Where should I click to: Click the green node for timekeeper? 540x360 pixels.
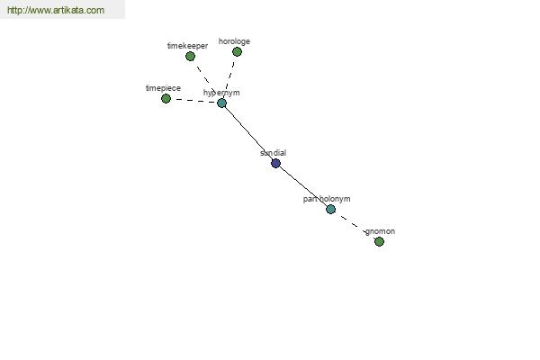point(190,56)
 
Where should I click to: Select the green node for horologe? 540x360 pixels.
point(237,51)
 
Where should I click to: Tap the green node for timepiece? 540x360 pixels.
point(166,98)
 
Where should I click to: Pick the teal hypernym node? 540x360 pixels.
point(221,103)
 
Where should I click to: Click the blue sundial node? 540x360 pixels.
point(275,163)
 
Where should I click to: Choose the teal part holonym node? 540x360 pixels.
point(330,209)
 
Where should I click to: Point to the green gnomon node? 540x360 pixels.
point(379,241)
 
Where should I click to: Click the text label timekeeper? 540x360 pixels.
point(188,46)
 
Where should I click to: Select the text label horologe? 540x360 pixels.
point(234,41)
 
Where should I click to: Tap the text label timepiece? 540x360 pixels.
point(163,88)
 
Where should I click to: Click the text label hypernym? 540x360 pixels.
point(221,93)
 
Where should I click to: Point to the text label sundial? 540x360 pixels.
point(273,153)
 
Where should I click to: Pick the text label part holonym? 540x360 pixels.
point(327,199)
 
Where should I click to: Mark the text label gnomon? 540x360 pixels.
point(380,231)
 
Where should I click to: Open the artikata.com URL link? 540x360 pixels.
point(56,10)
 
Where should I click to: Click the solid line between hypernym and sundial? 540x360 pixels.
point(248,133)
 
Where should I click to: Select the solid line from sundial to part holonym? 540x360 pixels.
point(303,186)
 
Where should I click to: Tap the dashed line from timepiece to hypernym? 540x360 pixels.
point(193,101)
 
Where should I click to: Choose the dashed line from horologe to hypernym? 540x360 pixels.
point(229,77)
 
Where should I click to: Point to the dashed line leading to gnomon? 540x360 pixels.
point(355,225)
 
